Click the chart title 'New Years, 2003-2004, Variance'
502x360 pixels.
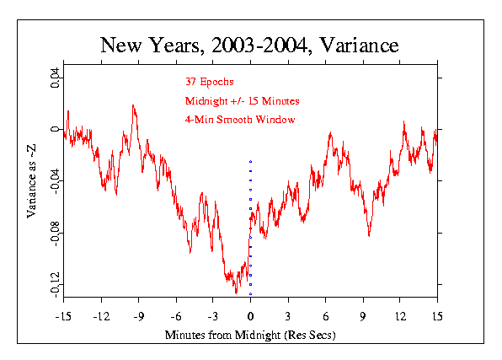point(250,44)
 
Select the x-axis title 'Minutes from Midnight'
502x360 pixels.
point(250,335)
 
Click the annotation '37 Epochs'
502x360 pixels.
point(211,83)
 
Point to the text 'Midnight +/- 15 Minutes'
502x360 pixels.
point(242,101)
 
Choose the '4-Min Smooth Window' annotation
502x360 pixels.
point(239,120)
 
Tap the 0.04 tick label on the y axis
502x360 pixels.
point(55,81)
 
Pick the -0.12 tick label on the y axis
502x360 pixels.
point(55,282)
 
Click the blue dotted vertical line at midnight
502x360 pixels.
point(250,219)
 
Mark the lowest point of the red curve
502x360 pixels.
point(237,292)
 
